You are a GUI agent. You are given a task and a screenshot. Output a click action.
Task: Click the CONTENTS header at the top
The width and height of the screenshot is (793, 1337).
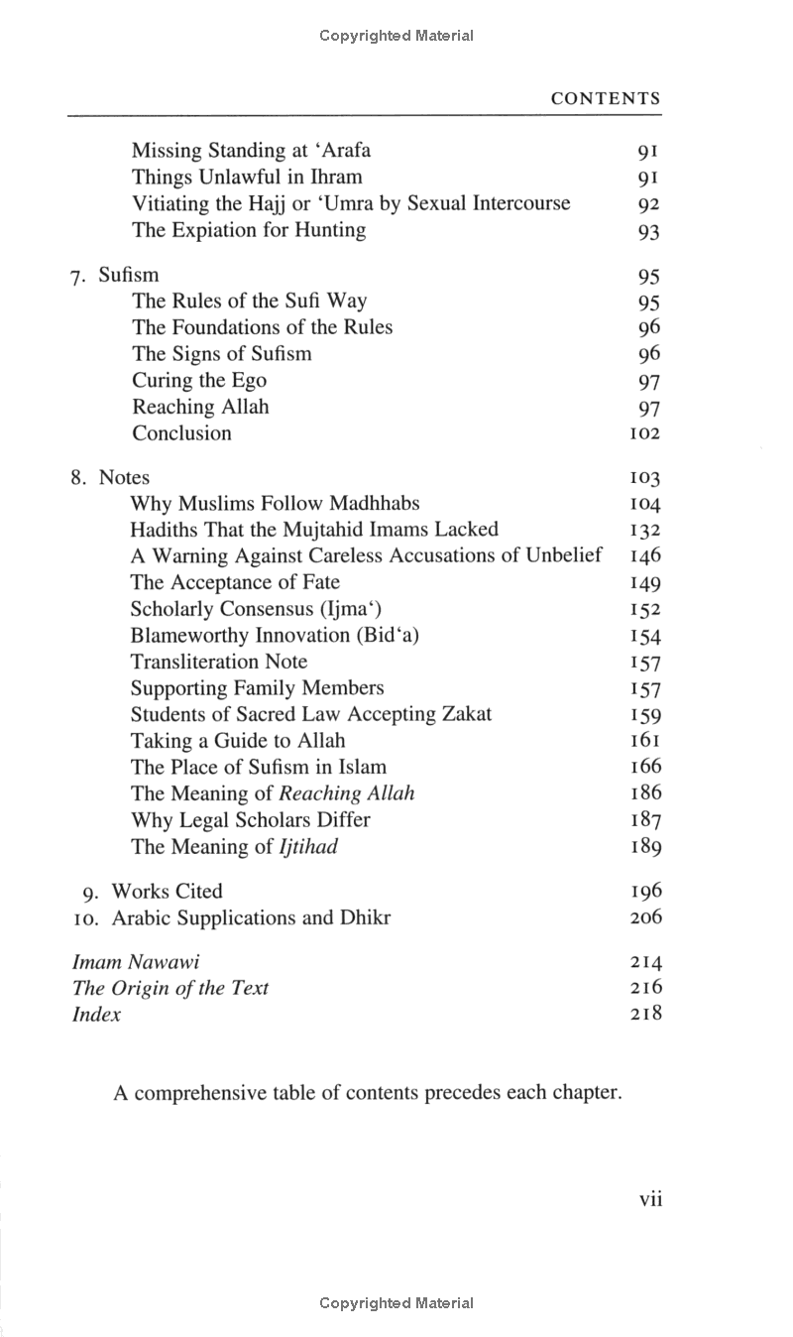605,98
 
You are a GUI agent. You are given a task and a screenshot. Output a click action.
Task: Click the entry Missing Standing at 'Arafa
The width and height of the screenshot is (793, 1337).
251,151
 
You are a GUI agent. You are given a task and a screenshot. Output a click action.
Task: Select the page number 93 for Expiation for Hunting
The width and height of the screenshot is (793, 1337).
649,232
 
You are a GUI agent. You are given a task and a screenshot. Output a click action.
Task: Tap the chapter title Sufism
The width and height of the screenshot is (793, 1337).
128,275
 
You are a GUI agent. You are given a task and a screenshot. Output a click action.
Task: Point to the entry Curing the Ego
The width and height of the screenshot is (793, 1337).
198,381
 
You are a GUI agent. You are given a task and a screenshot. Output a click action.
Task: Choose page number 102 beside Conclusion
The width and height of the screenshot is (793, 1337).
644,434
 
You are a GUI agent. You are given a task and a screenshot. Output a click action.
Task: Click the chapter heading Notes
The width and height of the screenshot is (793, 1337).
124,477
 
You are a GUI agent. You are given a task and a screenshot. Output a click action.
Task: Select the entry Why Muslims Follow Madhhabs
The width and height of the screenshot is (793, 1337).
275,503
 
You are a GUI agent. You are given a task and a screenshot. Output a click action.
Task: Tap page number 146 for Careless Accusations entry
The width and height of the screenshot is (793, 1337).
645,556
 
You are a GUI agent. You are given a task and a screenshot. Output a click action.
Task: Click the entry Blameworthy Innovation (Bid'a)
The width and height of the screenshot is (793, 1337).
275,636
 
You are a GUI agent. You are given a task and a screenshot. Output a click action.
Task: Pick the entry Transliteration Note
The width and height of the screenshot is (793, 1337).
219,662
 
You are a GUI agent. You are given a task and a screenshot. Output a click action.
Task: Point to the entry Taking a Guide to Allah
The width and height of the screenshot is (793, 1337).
238,741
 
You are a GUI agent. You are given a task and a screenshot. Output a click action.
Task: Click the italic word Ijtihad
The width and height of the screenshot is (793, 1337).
310,847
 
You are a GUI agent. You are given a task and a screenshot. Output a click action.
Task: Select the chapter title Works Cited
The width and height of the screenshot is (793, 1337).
167,891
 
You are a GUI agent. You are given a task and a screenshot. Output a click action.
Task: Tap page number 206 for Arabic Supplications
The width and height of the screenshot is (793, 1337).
645,917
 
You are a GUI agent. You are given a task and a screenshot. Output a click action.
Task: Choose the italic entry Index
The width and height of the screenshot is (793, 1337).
96,1015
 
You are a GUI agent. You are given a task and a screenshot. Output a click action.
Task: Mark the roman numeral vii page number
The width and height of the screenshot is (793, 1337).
650,1199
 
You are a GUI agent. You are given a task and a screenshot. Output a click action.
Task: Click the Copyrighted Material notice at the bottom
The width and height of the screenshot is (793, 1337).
396,1302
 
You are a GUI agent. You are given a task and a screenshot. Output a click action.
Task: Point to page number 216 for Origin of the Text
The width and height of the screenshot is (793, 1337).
645,988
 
